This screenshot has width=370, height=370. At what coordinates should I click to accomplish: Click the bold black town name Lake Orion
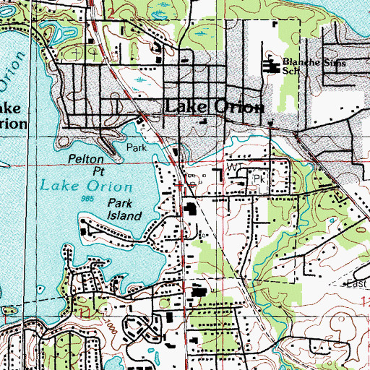tap(215, 106)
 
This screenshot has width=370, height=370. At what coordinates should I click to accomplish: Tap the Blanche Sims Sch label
tap(313, 68)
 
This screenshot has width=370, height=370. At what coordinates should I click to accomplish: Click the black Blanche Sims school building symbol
tap(273, 68)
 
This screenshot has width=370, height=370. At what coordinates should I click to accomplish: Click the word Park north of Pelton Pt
tap(137, 147)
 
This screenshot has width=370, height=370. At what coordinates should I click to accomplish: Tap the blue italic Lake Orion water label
tap(76, 184)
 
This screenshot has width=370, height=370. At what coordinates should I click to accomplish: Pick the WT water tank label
tap(233, 167)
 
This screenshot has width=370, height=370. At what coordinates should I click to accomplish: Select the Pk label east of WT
tap(259, 176)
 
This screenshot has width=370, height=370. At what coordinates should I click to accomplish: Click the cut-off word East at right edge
tap(358, 283)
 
